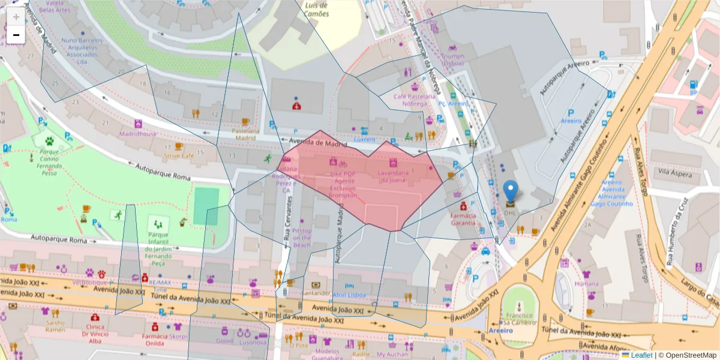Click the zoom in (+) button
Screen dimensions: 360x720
coord(16,17)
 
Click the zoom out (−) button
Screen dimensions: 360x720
coord(16,35)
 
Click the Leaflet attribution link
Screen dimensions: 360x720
coord(641,355)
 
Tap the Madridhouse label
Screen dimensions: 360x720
coord(137,134)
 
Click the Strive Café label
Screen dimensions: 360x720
coord(179,155)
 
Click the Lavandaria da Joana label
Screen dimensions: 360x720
coord(392,176)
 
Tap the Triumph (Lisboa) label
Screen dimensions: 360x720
coord(453,59)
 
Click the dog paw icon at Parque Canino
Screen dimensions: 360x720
coord(49,142)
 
